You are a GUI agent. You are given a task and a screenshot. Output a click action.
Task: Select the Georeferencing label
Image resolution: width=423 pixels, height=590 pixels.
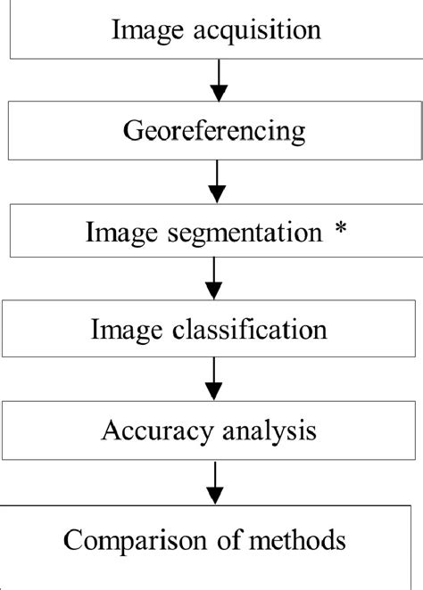click(213, 132)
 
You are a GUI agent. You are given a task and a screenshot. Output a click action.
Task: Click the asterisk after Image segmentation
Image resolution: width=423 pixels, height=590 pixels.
click(339, 232)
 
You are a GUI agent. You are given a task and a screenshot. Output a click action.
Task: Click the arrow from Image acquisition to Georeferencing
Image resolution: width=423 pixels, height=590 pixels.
click(217, 79)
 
